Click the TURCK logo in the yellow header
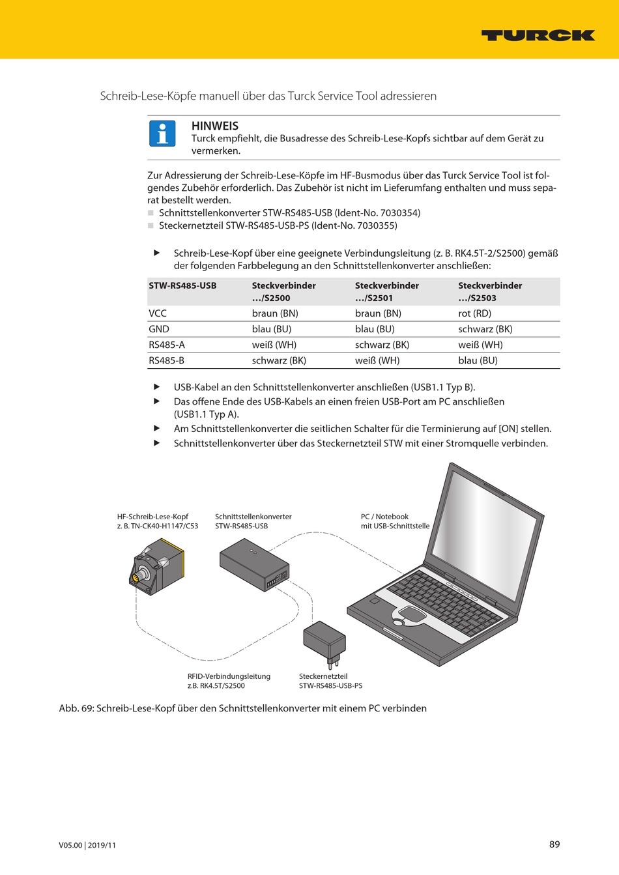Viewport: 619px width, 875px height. tap(538, 35)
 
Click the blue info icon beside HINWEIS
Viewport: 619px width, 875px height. tap(162, 134)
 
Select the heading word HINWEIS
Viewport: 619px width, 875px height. tap(215, 126)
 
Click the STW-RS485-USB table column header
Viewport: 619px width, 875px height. tap(182, 285)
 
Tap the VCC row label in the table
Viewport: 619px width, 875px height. tap(158, 313)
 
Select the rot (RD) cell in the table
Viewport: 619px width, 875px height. tap(474, 313)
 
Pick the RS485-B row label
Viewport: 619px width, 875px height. tap(166, 360)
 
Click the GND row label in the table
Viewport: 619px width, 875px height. tap(159, 329)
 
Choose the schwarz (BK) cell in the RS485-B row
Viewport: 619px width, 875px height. tap(279, 360)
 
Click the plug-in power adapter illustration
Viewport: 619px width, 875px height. tap(324, 641)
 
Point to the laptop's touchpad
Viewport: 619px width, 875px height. tap(410, 613)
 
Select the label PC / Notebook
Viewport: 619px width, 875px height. tap(384, 517)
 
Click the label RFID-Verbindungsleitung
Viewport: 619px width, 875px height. tap(229, 676)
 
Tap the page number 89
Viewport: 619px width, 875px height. tap(554, 844)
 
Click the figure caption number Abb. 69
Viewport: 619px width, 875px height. tap(76, 708)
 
